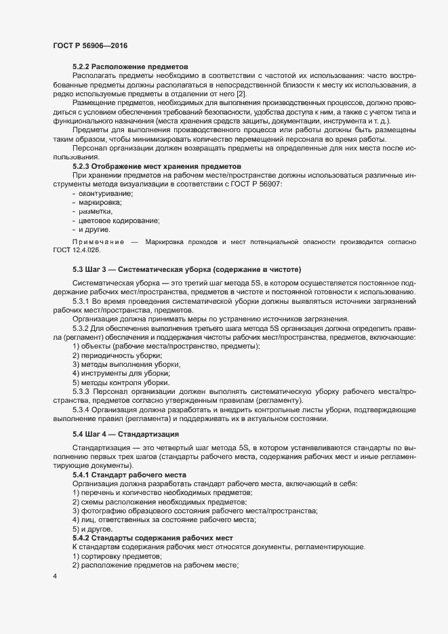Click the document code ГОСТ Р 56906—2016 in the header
click(90, 45)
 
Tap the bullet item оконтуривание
click(105, 194)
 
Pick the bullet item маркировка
click(101, 203)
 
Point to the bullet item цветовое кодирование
click(115, 220)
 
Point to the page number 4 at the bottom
click(54, 577)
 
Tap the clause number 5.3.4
click(81, 410)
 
